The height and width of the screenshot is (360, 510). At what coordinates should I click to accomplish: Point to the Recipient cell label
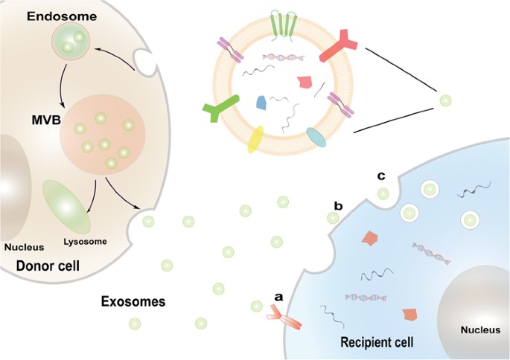pos(376,343)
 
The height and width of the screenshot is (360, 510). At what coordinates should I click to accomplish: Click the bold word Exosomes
pos(133,302)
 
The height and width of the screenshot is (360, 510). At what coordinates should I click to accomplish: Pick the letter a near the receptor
pos(279,296)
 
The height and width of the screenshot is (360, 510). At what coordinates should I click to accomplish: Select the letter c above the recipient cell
pos(381,176)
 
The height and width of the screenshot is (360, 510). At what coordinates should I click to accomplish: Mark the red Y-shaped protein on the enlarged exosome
pos(340,48)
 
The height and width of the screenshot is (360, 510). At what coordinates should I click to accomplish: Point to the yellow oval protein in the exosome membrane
pos(255,139)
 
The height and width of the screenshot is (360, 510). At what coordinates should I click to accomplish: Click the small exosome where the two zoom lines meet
pos(444,100)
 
